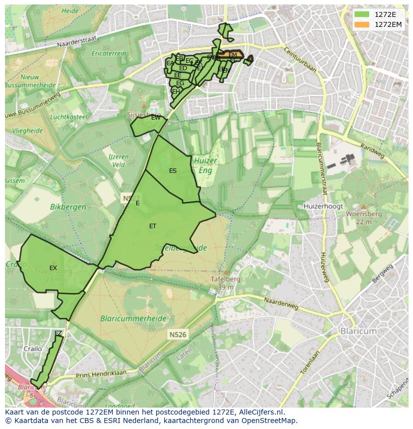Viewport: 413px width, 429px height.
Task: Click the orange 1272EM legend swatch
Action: pyautogui.click(x=362, y=24)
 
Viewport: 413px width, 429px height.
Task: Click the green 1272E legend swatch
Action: pyautogui.click(x=362, y=14)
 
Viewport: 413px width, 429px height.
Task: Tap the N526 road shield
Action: pyautogui.click(x=177, y=335)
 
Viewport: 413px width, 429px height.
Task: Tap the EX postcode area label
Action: pyautogui.click(x=53, y=268)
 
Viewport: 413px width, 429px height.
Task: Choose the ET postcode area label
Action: pyautogui.click(x=153, y=226)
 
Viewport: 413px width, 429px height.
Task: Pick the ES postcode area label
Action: pyautogui.click(x=173, y=171)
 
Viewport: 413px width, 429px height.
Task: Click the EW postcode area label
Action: pyautogui.click(x=156, y=118)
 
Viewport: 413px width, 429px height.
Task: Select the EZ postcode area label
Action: pyautogui.click(x=58, y=333)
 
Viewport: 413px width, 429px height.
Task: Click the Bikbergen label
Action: pyautogui.click(x=68, y=207)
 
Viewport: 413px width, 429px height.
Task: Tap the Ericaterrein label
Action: pyautogui.click(x=109, y=53)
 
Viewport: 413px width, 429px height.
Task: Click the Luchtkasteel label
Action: pyautogui.click(x=68, y=117)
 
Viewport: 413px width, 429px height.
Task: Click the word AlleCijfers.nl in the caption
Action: pyautogui.click(x=260, y=412)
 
